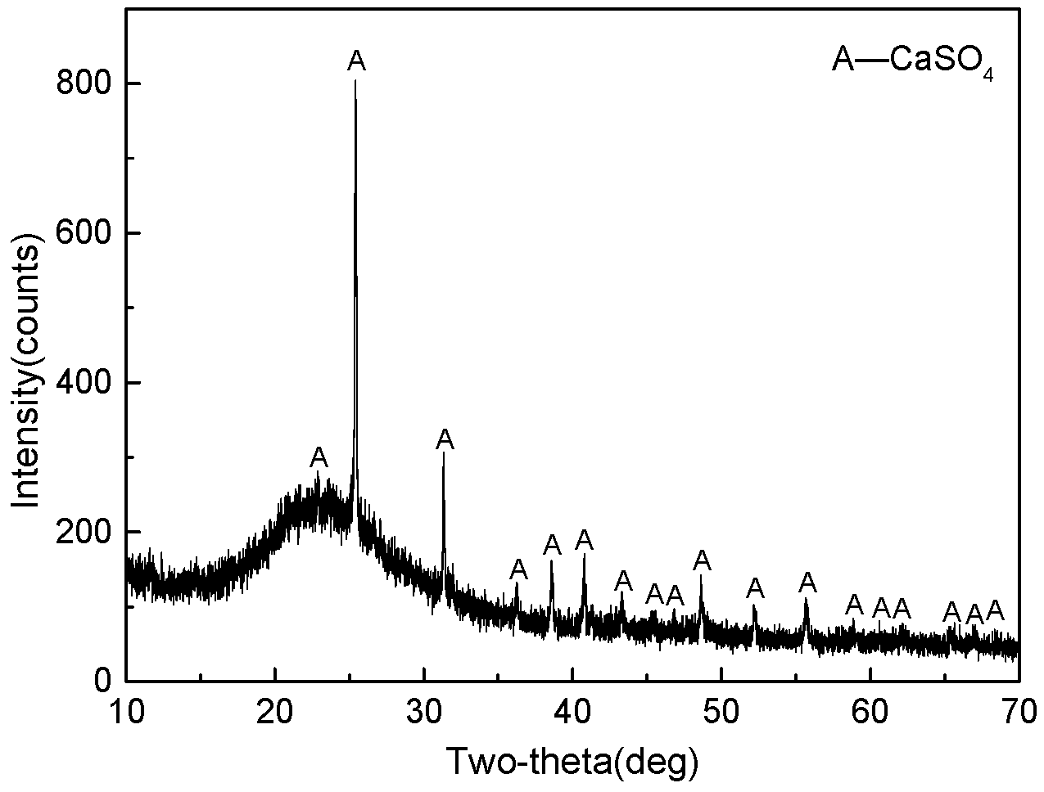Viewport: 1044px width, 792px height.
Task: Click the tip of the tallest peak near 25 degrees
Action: [x=355, y=81]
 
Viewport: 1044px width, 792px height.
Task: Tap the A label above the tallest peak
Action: [x=356, y=60]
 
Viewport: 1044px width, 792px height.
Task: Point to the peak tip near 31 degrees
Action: [x=443, y=452]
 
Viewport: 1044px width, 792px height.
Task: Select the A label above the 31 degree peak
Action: [x=445, y=439]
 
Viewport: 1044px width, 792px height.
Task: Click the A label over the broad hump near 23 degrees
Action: [x=319, y=457]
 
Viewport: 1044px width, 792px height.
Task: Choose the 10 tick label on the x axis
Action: [x=126, y=709]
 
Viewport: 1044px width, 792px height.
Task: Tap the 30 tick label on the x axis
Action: [x=424, y=709]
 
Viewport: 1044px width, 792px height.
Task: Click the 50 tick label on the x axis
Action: [x=721, y=709]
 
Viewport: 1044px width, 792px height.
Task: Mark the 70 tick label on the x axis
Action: [x=1019, y=709]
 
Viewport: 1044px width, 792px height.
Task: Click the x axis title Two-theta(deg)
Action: [x=572, y=760]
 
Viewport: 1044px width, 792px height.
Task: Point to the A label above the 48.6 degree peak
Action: [x=702, y=560]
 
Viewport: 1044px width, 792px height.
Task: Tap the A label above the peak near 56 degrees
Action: [x=807, y=583]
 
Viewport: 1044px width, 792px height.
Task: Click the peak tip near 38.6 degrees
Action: [x=551, y=560]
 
